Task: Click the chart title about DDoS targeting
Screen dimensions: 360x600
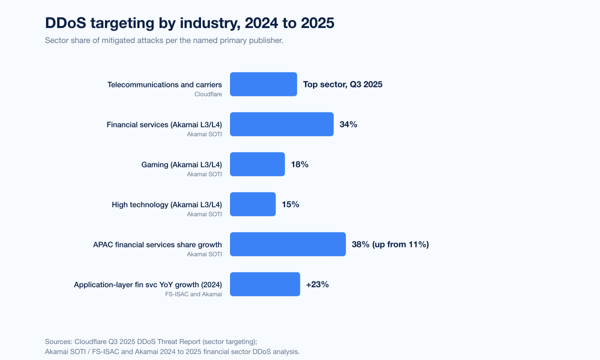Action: [189, 23]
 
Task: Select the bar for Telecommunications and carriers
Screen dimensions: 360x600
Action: [263, 84]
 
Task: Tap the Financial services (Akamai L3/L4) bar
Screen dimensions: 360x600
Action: [281, 124]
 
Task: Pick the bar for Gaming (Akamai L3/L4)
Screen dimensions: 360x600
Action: [257, 164]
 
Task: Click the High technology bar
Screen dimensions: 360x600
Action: [252, 204]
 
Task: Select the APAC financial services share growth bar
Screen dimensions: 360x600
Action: [287, 244]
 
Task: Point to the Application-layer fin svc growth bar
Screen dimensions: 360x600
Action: [264, 284]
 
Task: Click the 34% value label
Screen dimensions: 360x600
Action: [348, 124]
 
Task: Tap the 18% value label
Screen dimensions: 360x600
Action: [299, 164]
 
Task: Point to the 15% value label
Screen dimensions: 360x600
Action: [290, 204]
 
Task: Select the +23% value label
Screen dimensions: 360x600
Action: [317, 284]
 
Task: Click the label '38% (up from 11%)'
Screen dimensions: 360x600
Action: [390, 244]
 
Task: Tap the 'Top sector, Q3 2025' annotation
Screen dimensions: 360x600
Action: [342, 84]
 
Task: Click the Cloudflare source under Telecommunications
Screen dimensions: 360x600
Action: [208, 94]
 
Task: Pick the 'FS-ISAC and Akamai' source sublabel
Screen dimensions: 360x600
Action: [194, 294]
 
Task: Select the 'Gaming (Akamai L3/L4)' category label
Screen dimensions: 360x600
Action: [181, 164]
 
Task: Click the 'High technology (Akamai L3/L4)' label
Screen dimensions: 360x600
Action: [166, 204]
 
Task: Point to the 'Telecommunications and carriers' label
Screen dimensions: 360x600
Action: [164, 84]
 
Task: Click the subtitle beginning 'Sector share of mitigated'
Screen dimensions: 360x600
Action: [164, 40]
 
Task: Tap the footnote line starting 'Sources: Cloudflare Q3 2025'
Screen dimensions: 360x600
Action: [150, 341]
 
